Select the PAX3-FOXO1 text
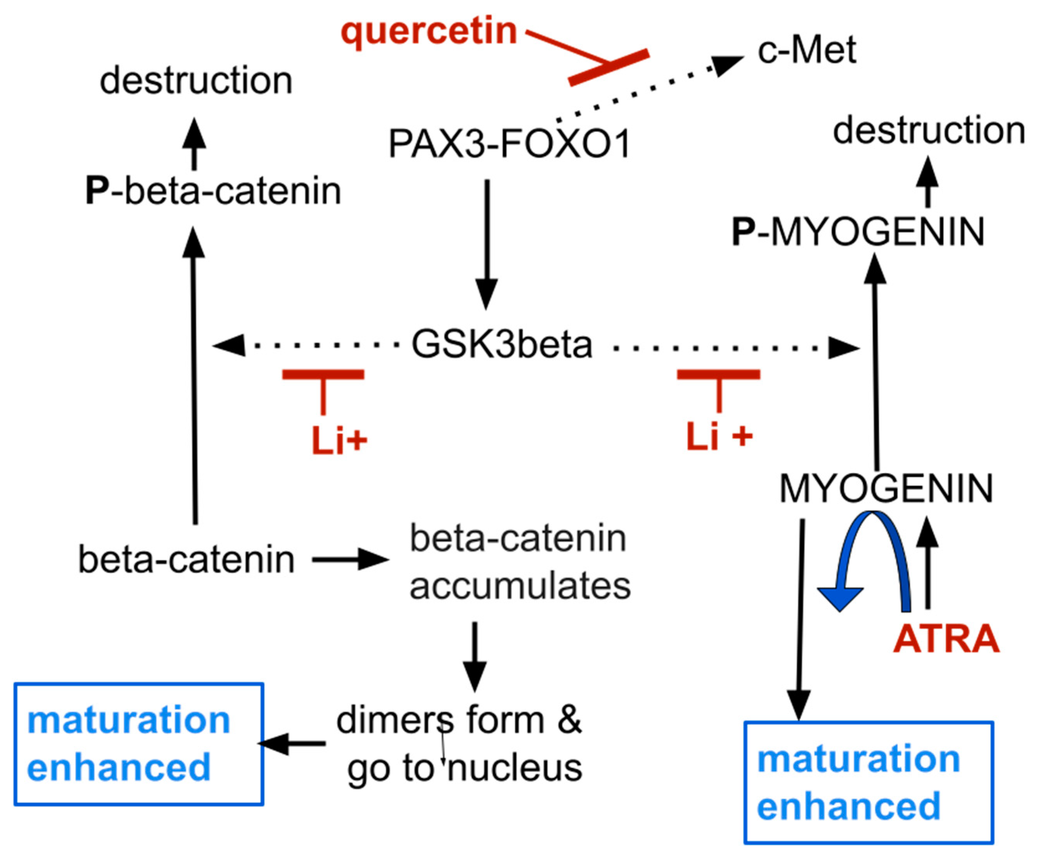click(509, 144)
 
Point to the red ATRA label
click(946, 639)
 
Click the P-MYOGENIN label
click(858, 232)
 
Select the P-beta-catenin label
click(213, 191)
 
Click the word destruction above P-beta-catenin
click(196, 81)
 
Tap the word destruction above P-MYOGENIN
click(929, 131)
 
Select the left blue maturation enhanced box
click(138, 744)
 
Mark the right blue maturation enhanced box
click(869, 783)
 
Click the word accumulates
click(520, 586)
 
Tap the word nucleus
click(515, 768)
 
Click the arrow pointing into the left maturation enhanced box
click(292, 744)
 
